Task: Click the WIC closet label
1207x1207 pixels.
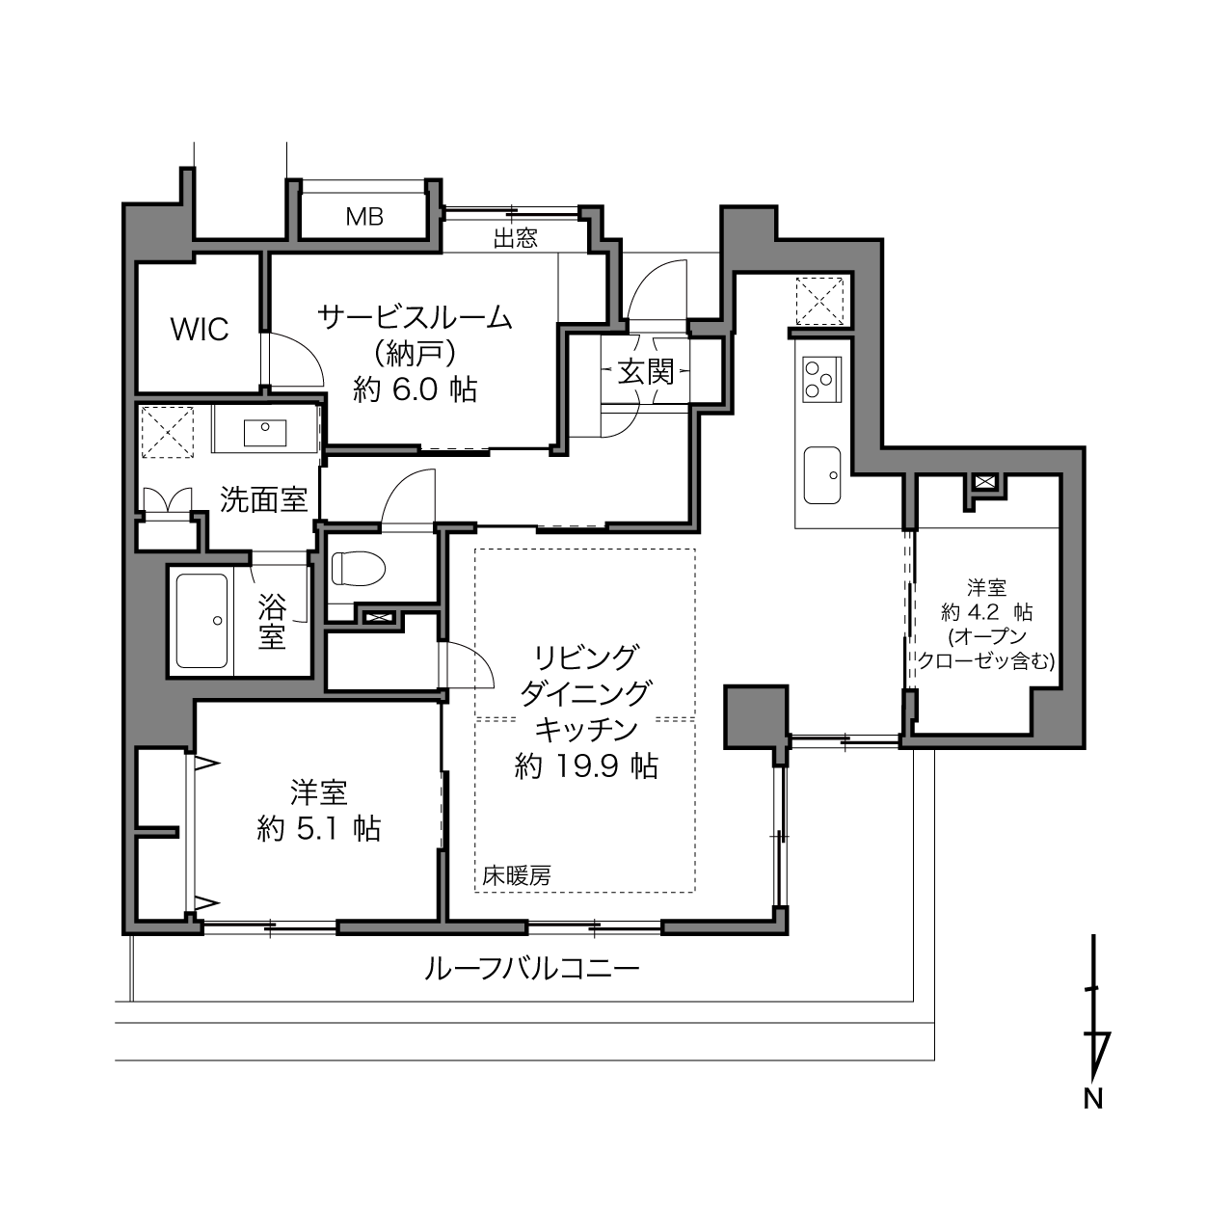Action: point(200,330)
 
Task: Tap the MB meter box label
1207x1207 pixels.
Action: point(364,217)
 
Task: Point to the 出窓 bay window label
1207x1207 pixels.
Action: point(516,239)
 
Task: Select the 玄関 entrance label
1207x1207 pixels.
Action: point(646,372)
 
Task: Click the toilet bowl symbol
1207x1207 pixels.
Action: point(358,568)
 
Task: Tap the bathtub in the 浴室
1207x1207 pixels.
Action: point(201,621)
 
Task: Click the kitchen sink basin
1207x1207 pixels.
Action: point(821,474)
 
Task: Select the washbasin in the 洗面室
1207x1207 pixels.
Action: point(265,432)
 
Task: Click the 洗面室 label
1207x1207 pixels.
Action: point(264,500)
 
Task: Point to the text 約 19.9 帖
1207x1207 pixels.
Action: point(585,766)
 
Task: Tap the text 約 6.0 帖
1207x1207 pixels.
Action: point(416,389)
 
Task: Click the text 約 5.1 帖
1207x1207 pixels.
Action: point(319,829)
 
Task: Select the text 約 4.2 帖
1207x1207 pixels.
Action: point(987,612)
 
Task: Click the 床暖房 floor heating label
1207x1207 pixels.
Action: point(516,875)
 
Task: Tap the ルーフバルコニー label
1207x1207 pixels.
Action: point(532,969)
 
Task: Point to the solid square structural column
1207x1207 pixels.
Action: point(756,716)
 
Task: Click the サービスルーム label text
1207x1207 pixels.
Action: point(416,319)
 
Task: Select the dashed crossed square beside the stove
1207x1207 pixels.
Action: point(819,302)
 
